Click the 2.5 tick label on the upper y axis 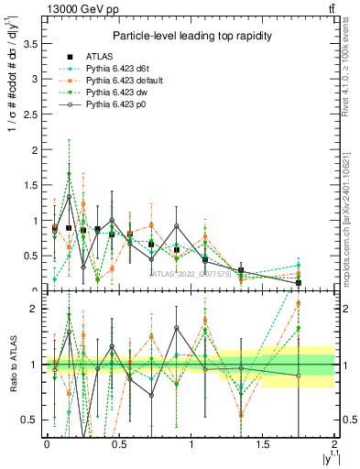[x=29, y=114]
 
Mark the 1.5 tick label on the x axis [x=263, y=444]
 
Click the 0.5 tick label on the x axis [x=118, y=444]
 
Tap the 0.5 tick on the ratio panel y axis [x=29, y=420]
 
